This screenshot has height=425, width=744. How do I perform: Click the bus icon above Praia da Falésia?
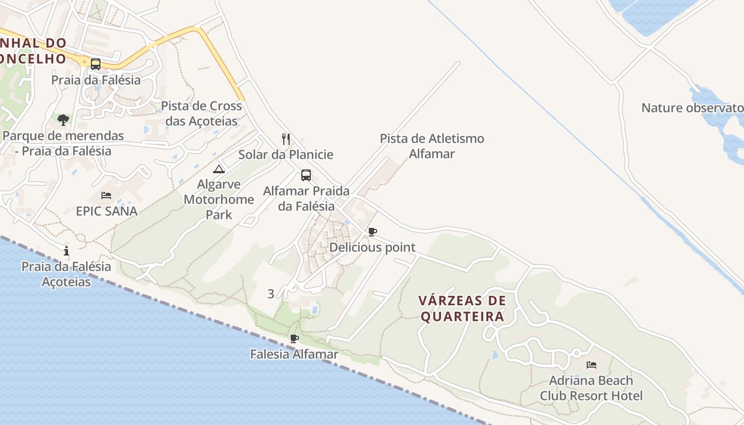(x=96, y=64)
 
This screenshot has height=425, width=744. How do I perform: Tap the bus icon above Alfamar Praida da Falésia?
(x=306, y=175)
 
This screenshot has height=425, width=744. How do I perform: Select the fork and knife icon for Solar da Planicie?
(x=286, y=139)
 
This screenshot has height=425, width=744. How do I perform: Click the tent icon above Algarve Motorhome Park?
(x=219, y=169)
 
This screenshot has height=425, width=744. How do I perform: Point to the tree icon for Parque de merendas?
(x=63, y=120)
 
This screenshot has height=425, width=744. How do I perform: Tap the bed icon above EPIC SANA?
(x=106, y=195)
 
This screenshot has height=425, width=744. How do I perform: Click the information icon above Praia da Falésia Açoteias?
(x=66, y=251)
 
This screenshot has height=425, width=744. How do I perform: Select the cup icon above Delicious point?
(x=373, y=232)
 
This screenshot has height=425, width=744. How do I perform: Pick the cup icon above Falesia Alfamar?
(x=294, y=338)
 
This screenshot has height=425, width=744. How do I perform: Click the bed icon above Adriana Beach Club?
(x=591, y=365)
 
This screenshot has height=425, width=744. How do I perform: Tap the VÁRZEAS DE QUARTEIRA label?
(x=462, y=309)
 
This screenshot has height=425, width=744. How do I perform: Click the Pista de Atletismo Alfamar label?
(x=432, y=146)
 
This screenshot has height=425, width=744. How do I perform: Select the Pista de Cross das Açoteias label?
(x=201, y=113)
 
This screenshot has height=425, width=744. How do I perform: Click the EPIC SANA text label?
(x=107, y=211)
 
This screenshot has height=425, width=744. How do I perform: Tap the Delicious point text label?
(x=373, y=247)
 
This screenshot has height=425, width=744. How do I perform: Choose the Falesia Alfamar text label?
(x=294, y=354)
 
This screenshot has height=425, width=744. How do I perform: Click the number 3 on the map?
(x=271, y=294)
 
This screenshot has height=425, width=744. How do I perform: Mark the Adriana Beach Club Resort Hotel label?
(x=591, y=388)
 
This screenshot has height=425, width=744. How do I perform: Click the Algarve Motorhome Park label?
(x=219, y=199)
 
